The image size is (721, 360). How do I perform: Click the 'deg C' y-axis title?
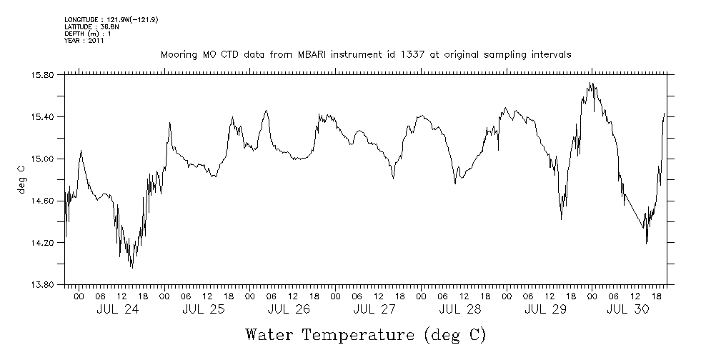tap(21, 180)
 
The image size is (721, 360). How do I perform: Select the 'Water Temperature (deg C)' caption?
tap(365, 334)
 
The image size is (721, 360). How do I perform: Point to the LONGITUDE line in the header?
tap(111, 20)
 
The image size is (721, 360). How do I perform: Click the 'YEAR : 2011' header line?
tap(84, 41)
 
